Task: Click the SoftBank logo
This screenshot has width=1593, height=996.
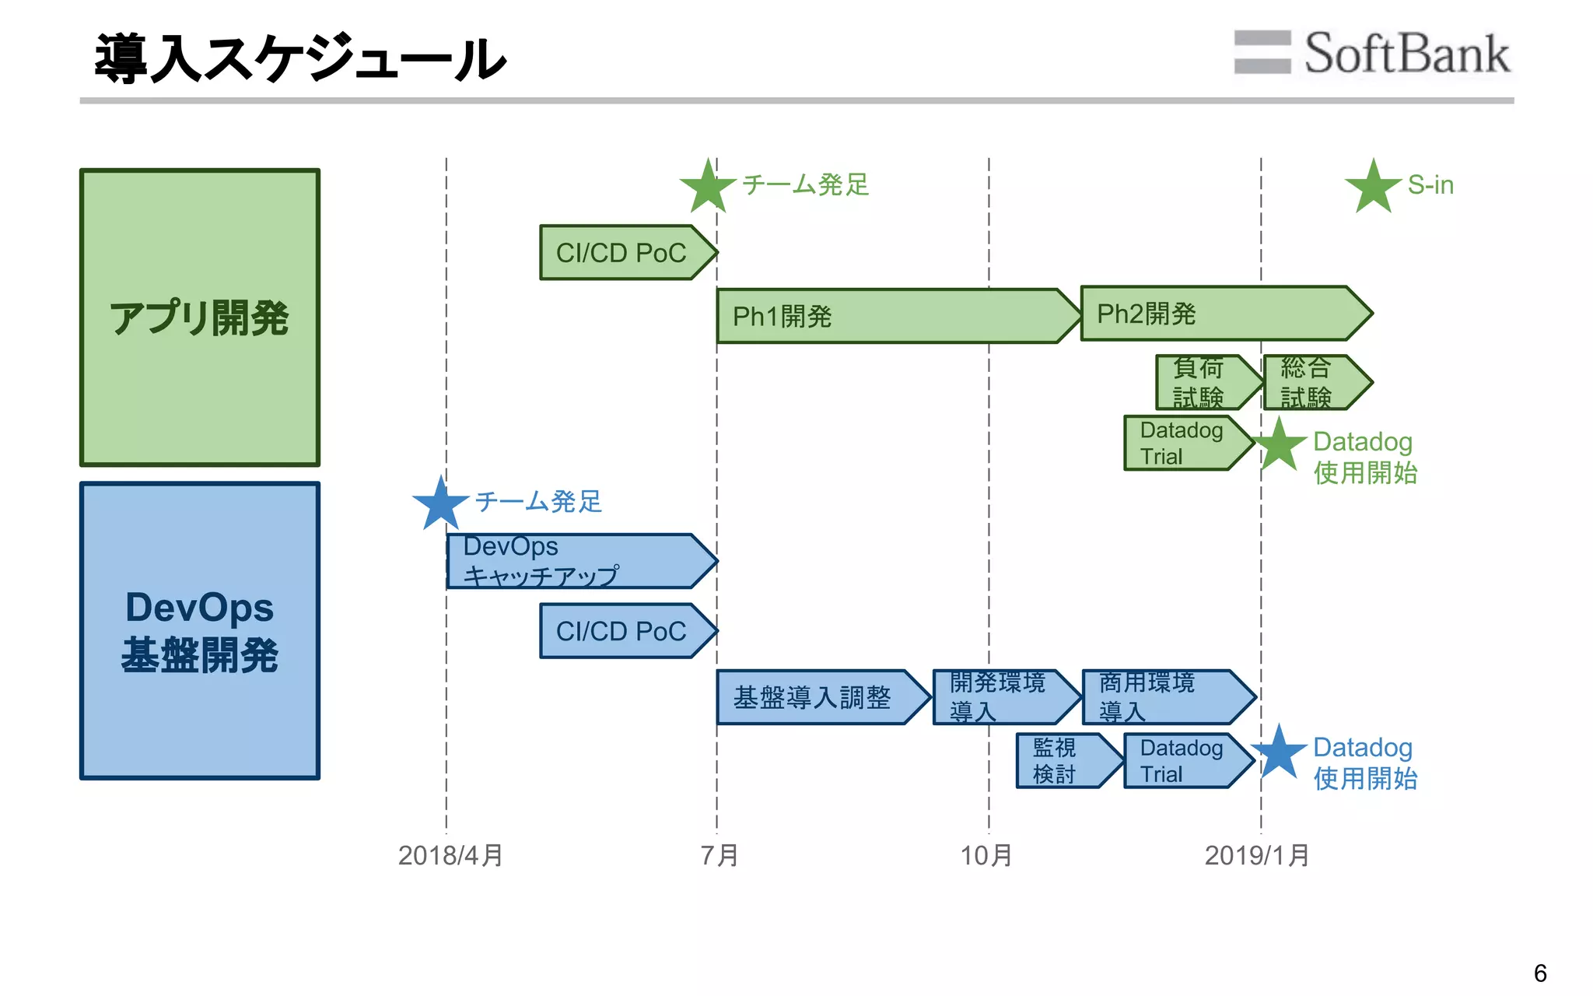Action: click(1372, 53)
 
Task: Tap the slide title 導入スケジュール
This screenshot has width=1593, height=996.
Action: click(300, 59)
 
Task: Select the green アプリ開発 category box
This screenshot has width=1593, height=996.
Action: click(200, 317)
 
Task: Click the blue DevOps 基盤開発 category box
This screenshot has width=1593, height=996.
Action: click(200, 630)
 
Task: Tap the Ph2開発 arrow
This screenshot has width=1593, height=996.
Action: click(1221, 314)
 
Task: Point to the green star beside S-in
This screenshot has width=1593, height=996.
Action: click(1373, 187)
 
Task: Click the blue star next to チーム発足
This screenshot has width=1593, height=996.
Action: click(440, 503)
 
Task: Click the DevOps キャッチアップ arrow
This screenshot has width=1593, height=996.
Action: click(576, 561)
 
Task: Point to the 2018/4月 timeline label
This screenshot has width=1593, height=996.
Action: click(450, 856)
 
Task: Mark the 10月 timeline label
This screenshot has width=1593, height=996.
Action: click(986, 856)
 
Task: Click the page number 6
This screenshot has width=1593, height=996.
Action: click(1539, 973)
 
